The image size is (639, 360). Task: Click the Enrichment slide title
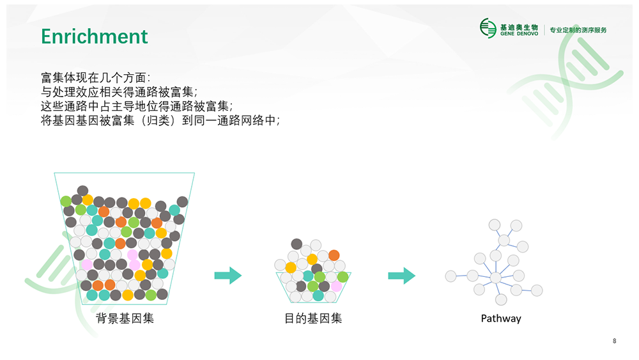[x=94, y=36]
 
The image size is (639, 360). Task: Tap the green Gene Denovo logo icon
[x=488, y=28]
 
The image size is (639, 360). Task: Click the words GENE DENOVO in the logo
[x=519, y=34]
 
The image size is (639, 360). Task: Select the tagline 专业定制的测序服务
[x=578, y=30]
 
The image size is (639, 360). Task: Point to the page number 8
[x=615, y=341]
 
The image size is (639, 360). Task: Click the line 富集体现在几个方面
[x=96, y=77]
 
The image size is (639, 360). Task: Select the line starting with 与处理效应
[x=119, y=91]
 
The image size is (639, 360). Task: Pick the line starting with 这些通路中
[x=137, y=106]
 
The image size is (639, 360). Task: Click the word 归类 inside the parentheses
[x=157, y=120]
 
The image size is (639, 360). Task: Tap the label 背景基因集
[x=125, y=318]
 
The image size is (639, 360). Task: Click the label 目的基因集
[x=313, y=318]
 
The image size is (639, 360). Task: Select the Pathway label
[x=501, y=318]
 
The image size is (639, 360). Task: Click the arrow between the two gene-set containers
[x=228, y=276]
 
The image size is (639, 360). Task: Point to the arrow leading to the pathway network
[x=402, y=276]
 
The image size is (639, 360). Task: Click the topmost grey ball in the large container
[x=82, y=191]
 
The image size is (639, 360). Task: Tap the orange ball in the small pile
[x=334, y=255]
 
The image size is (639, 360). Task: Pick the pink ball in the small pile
[x=336, y=286]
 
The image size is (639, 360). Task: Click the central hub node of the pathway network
[x=496, y=278]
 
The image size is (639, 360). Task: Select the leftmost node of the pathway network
[x=450, y=276]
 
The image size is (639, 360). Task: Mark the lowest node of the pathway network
[x=501, y=300]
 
